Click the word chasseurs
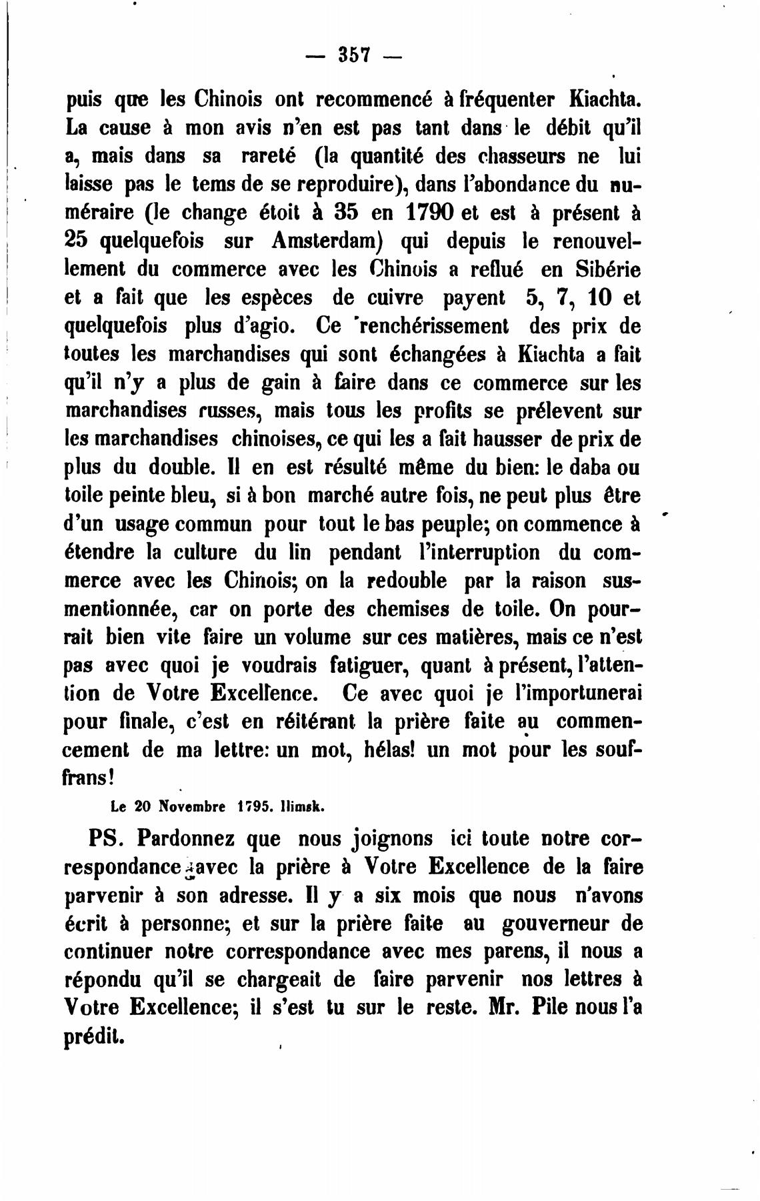507,157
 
